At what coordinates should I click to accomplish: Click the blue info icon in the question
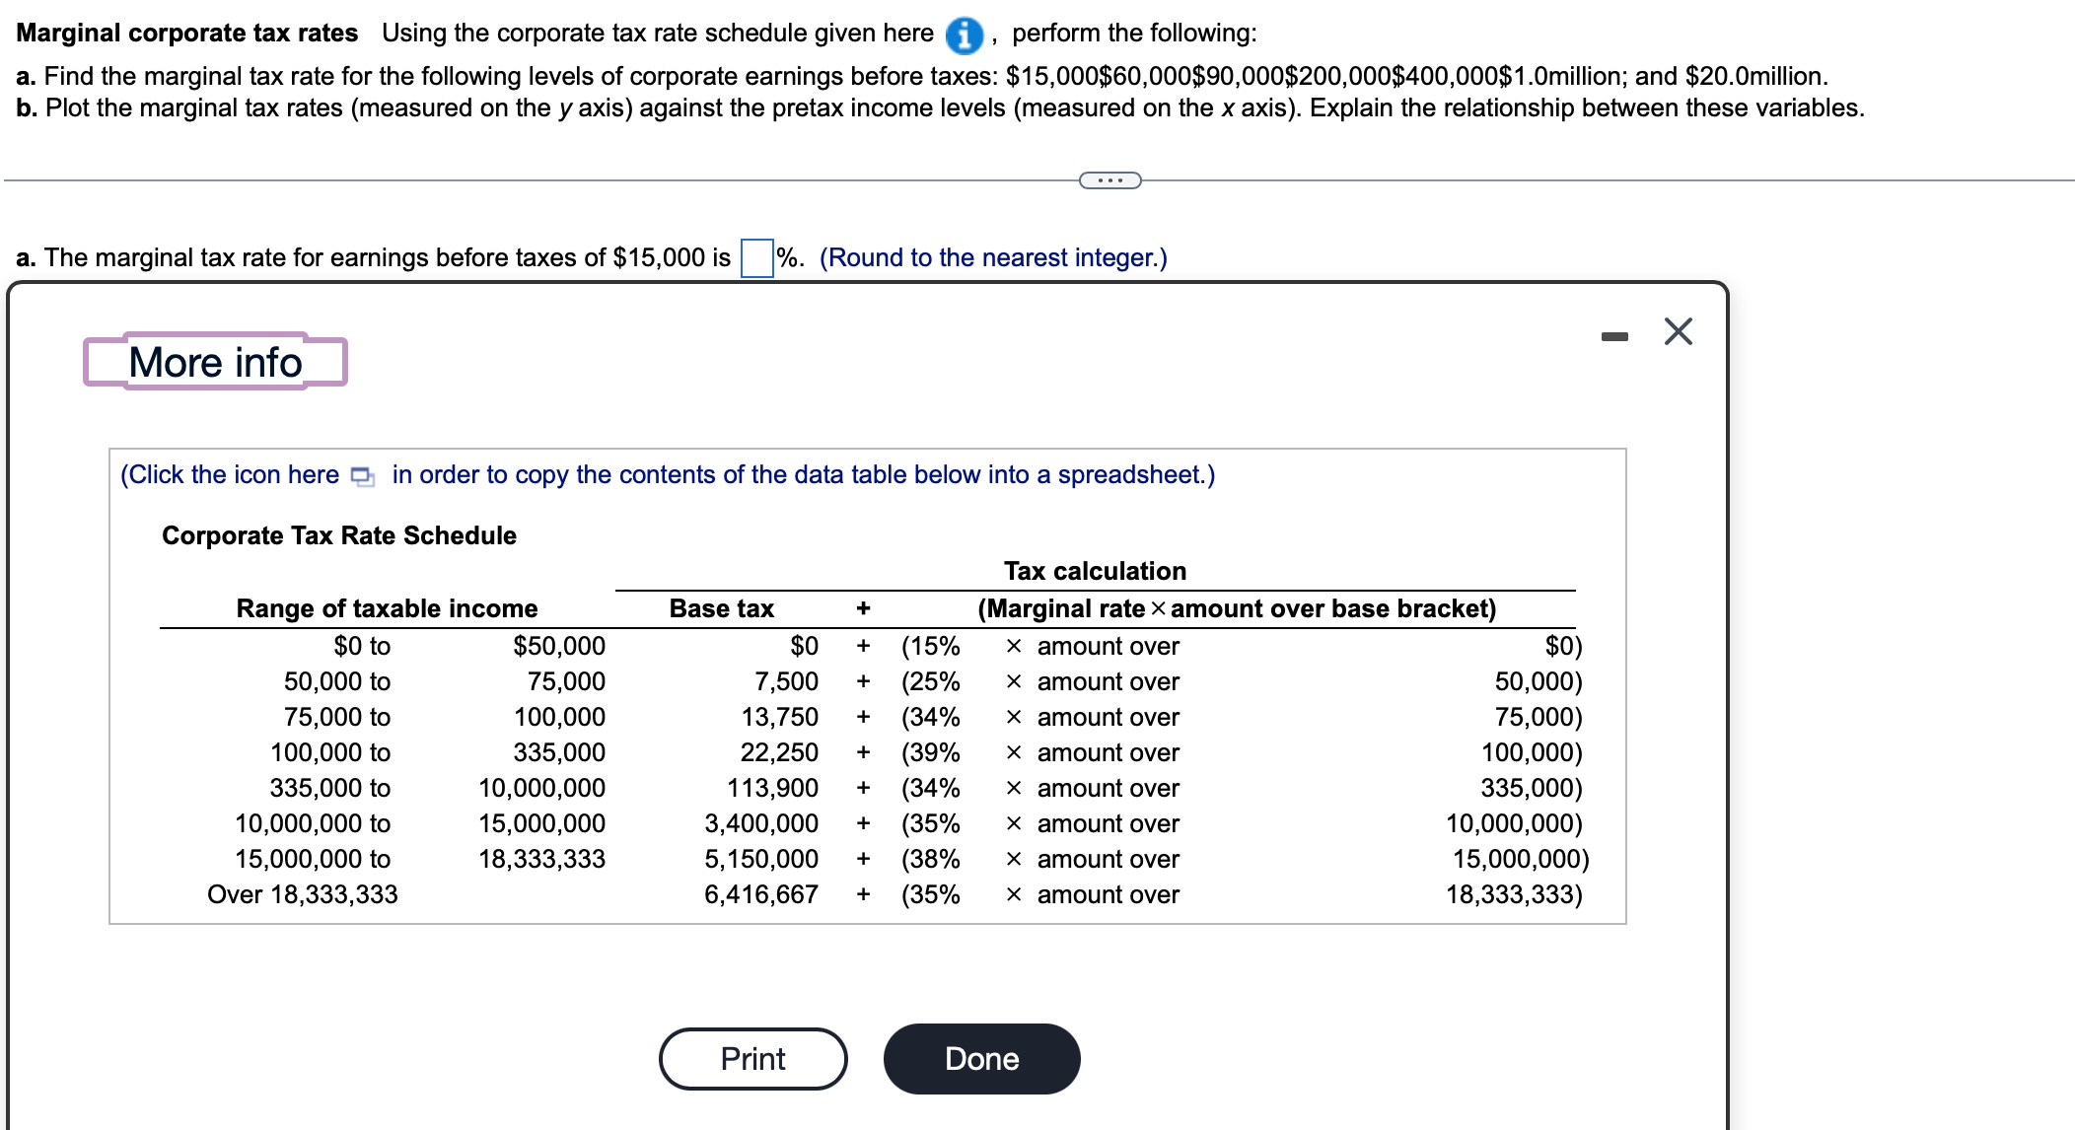964,35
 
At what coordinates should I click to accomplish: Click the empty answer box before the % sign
756,258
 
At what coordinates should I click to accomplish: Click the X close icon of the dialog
1678,331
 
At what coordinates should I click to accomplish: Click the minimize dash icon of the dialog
1614,337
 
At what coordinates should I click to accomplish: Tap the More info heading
215,362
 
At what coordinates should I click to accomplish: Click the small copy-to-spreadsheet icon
363,476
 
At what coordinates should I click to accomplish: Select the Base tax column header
721,608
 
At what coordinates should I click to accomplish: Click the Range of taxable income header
387,608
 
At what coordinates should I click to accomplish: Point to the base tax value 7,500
786,681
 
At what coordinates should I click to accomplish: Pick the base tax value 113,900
772,788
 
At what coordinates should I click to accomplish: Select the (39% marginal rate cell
930,752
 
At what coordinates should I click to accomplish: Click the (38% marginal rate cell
930,859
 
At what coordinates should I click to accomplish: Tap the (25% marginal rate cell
930,681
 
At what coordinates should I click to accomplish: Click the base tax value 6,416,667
760,894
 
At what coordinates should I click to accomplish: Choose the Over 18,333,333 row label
302,894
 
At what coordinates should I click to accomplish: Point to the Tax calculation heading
1095,571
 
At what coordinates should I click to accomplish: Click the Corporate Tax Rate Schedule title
338,535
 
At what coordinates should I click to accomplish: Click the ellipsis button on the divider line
1109,180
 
